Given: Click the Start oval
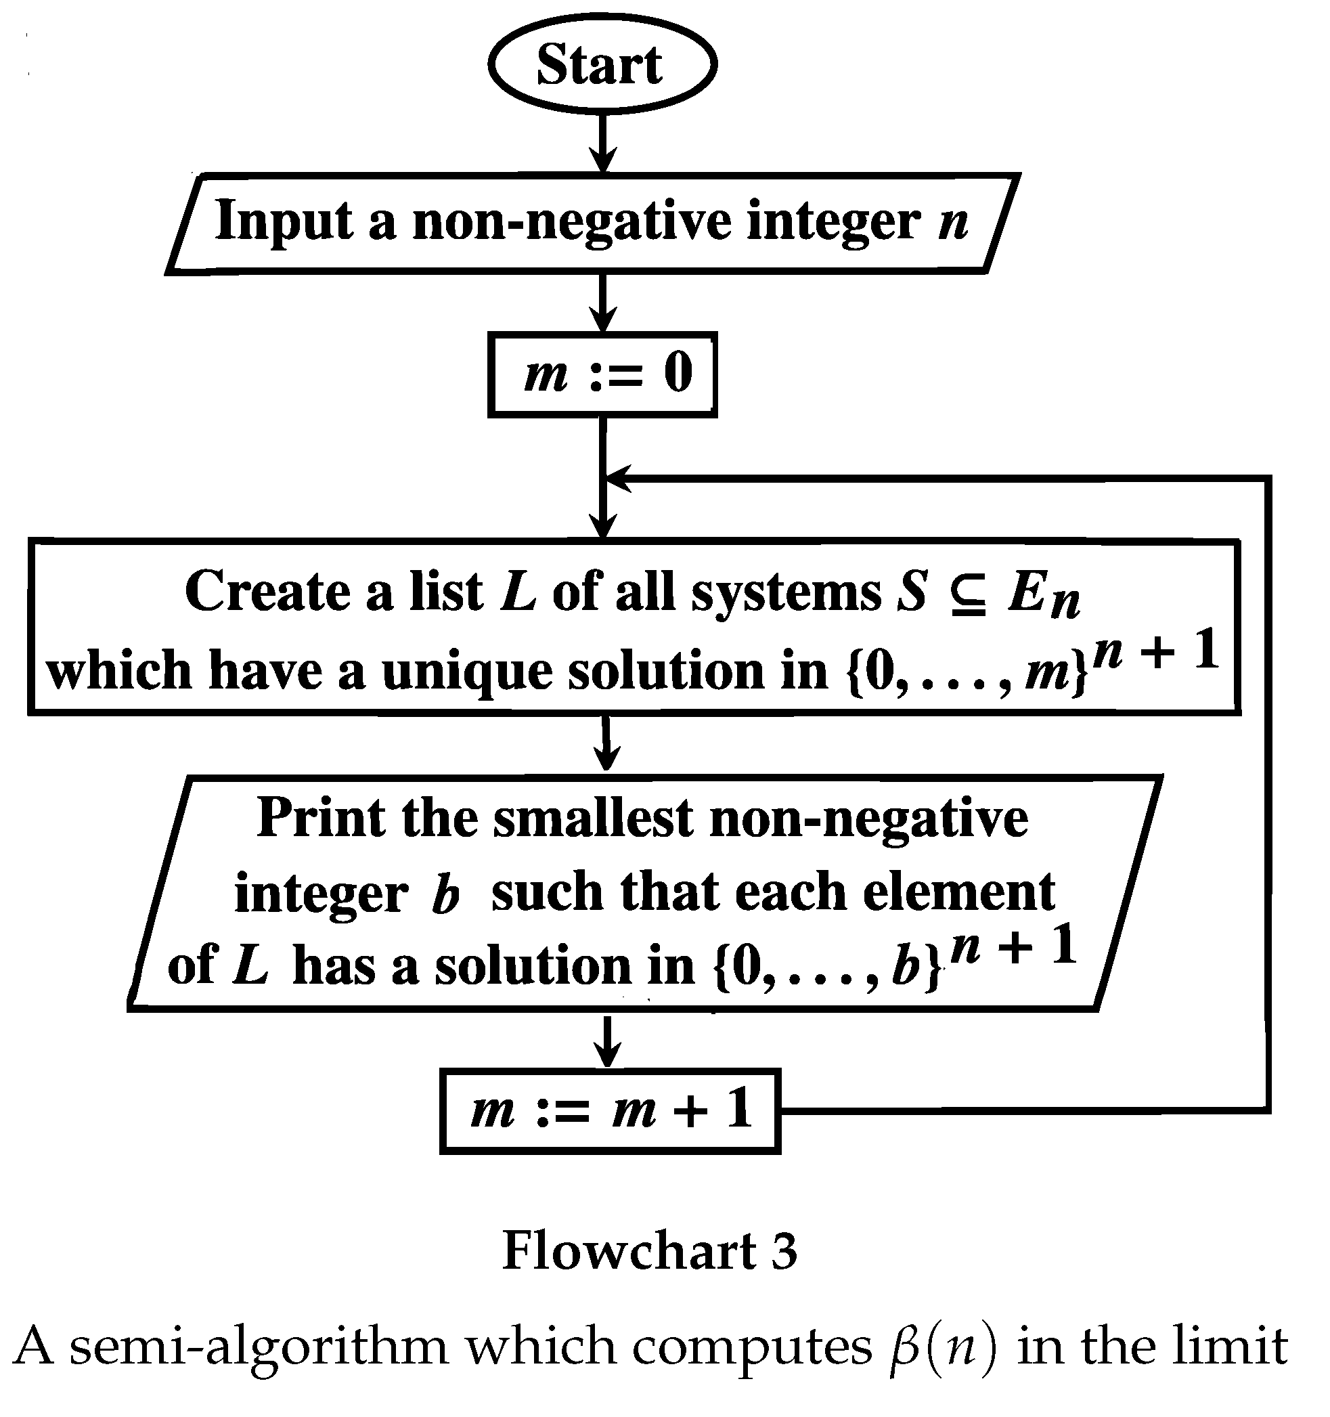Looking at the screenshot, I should tap(602, 65).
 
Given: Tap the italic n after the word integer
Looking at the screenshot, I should tap(952, 222).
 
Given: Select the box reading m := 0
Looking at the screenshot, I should tap(602, 374).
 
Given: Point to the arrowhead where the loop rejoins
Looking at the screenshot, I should tap(617, 478).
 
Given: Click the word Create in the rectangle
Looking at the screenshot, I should tap(268, 592).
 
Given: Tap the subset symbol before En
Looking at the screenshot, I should tap(967, 593).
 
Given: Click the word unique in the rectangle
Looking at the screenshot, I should tap(466, 672).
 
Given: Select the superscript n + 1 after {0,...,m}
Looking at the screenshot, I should tap(1155, 651).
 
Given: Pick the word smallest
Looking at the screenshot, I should tap(593, 818).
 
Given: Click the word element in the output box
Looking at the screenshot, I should tap(958, 892).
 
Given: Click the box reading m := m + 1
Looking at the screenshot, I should tap(610, 1110).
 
